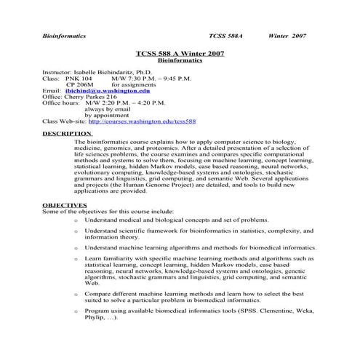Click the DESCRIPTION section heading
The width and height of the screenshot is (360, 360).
(67, 134)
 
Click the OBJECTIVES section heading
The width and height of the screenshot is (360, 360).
(65, 205)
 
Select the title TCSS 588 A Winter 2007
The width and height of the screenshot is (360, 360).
(180, 54)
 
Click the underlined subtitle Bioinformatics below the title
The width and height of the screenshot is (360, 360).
(180, 61)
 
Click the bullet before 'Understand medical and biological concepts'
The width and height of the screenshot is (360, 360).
(76, 220)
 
